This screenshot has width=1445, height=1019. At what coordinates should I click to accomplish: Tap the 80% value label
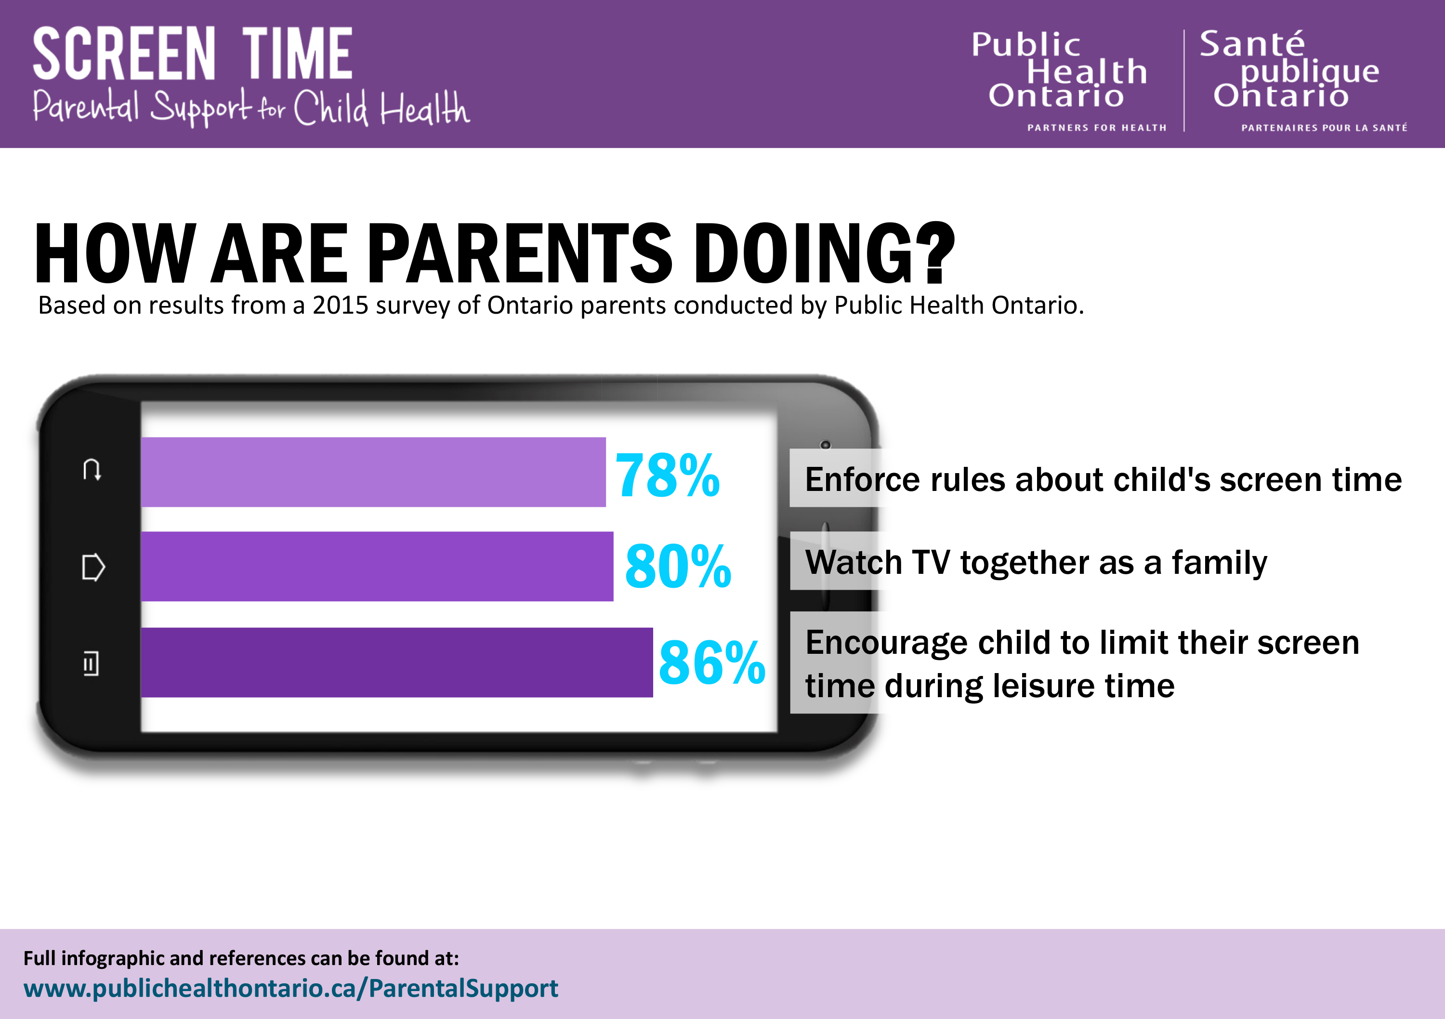pyautogui.click(x=677, y=567)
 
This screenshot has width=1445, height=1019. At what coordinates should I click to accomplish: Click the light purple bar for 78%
pyautogui.click(x=373, y=472)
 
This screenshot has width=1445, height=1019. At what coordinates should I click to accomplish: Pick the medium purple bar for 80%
pyautogui.click(x=376, y=567)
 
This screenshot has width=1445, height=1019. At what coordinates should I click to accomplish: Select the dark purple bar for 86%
pyautogui.click(x=396, y=662)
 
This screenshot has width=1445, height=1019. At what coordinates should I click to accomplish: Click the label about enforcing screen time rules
pyautogui.click(x=1103, y=479)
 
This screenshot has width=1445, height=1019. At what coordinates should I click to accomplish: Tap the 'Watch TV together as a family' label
pyautogui.click(x=1035, y=562)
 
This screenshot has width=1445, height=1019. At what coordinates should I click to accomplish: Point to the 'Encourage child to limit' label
pyautogui.click(x=1081, y=663)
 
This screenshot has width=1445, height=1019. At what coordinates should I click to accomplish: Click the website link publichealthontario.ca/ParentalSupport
pyautogui.click(x=291, y=988)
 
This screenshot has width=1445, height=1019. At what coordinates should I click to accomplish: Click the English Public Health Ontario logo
pyautogui.click(x=1067, y=79)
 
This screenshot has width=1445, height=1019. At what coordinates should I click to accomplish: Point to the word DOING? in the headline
pyautogui.click(x=823, y=253)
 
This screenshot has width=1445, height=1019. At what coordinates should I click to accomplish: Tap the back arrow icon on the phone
pyautogui.click(x=92, y=470)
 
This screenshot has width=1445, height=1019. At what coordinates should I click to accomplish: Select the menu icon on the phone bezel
pyautogui.click(x=91, y=663)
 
